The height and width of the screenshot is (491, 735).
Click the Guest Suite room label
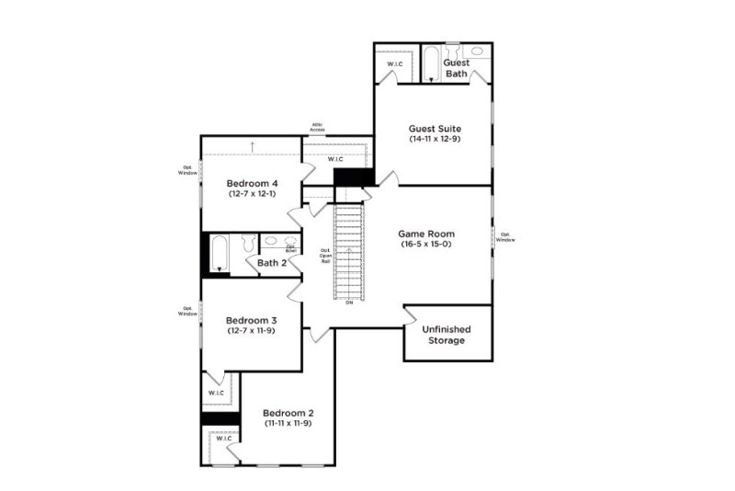point(435,129)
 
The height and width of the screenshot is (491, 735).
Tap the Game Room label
point(427,234)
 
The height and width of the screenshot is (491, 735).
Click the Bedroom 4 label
point(253,184)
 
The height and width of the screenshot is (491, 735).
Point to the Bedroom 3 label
point(253,320)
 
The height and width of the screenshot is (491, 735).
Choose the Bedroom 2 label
point(288,413)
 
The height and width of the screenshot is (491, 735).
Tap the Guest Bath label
point(457,68)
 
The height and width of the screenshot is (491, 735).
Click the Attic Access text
point(317,128)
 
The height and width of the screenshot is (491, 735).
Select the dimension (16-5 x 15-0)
point(427,245)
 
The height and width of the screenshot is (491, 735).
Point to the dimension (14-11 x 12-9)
point(435,139)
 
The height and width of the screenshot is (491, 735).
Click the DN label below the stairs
point(349,303)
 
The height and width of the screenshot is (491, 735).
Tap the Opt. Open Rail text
point(325,256)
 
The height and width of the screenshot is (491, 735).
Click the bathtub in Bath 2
point(219,254)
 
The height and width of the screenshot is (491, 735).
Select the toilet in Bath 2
point(247,244)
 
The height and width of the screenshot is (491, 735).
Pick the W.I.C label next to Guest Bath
point(396,63)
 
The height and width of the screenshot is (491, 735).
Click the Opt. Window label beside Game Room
point(506,236)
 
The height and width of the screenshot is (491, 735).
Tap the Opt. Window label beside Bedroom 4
point(187,170)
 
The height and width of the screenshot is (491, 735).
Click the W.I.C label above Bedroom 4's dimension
point(336,158)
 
